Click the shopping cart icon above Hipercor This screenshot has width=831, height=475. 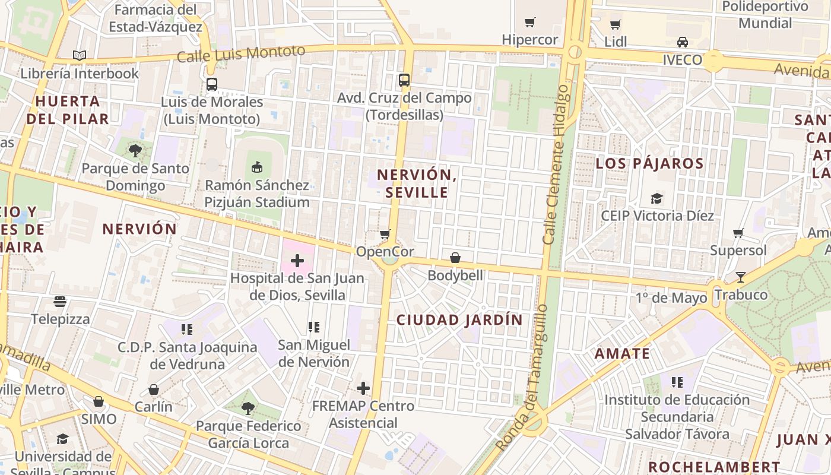click(529, 23)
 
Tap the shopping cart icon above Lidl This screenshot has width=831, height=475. click(616, 25)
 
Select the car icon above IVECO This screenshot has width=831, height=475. click(683, 42)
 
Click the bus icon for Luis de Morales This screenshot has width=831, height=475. click(212, 84)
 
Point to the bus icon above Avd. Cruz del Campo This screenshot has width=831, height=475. click(404, 80)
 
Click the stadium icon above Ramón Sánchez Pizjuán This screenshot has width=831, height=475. click(257, 167)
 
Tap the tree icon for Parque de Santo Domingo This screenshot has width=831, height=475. click(135, 151)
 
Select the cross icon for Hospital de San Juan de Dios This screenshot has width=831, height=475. click(297, 261)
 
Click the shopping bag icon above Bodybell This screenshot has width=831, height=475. click(455, 258)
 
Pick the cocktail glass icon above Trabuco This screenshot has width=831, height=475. click(740, 277)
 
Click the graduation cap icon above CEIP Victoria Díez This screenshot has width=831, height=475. click(656, 198)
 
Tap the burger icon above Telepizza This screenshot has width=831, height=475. click(60, 302)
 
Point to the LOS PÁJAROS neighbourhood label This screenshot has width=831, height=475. click(649, 163)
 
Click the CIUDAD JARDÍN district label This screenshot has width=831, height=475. click(459, 320)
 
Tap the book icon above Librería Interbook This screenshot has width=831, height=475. click(80, 56)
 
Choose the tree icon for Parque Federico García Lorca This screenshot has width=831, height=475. click(248, 408)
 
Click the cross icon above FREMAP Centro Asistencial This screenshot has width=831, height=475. click(363, 389)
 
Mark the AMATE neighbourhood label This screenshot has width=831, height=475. click(622, 354)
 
